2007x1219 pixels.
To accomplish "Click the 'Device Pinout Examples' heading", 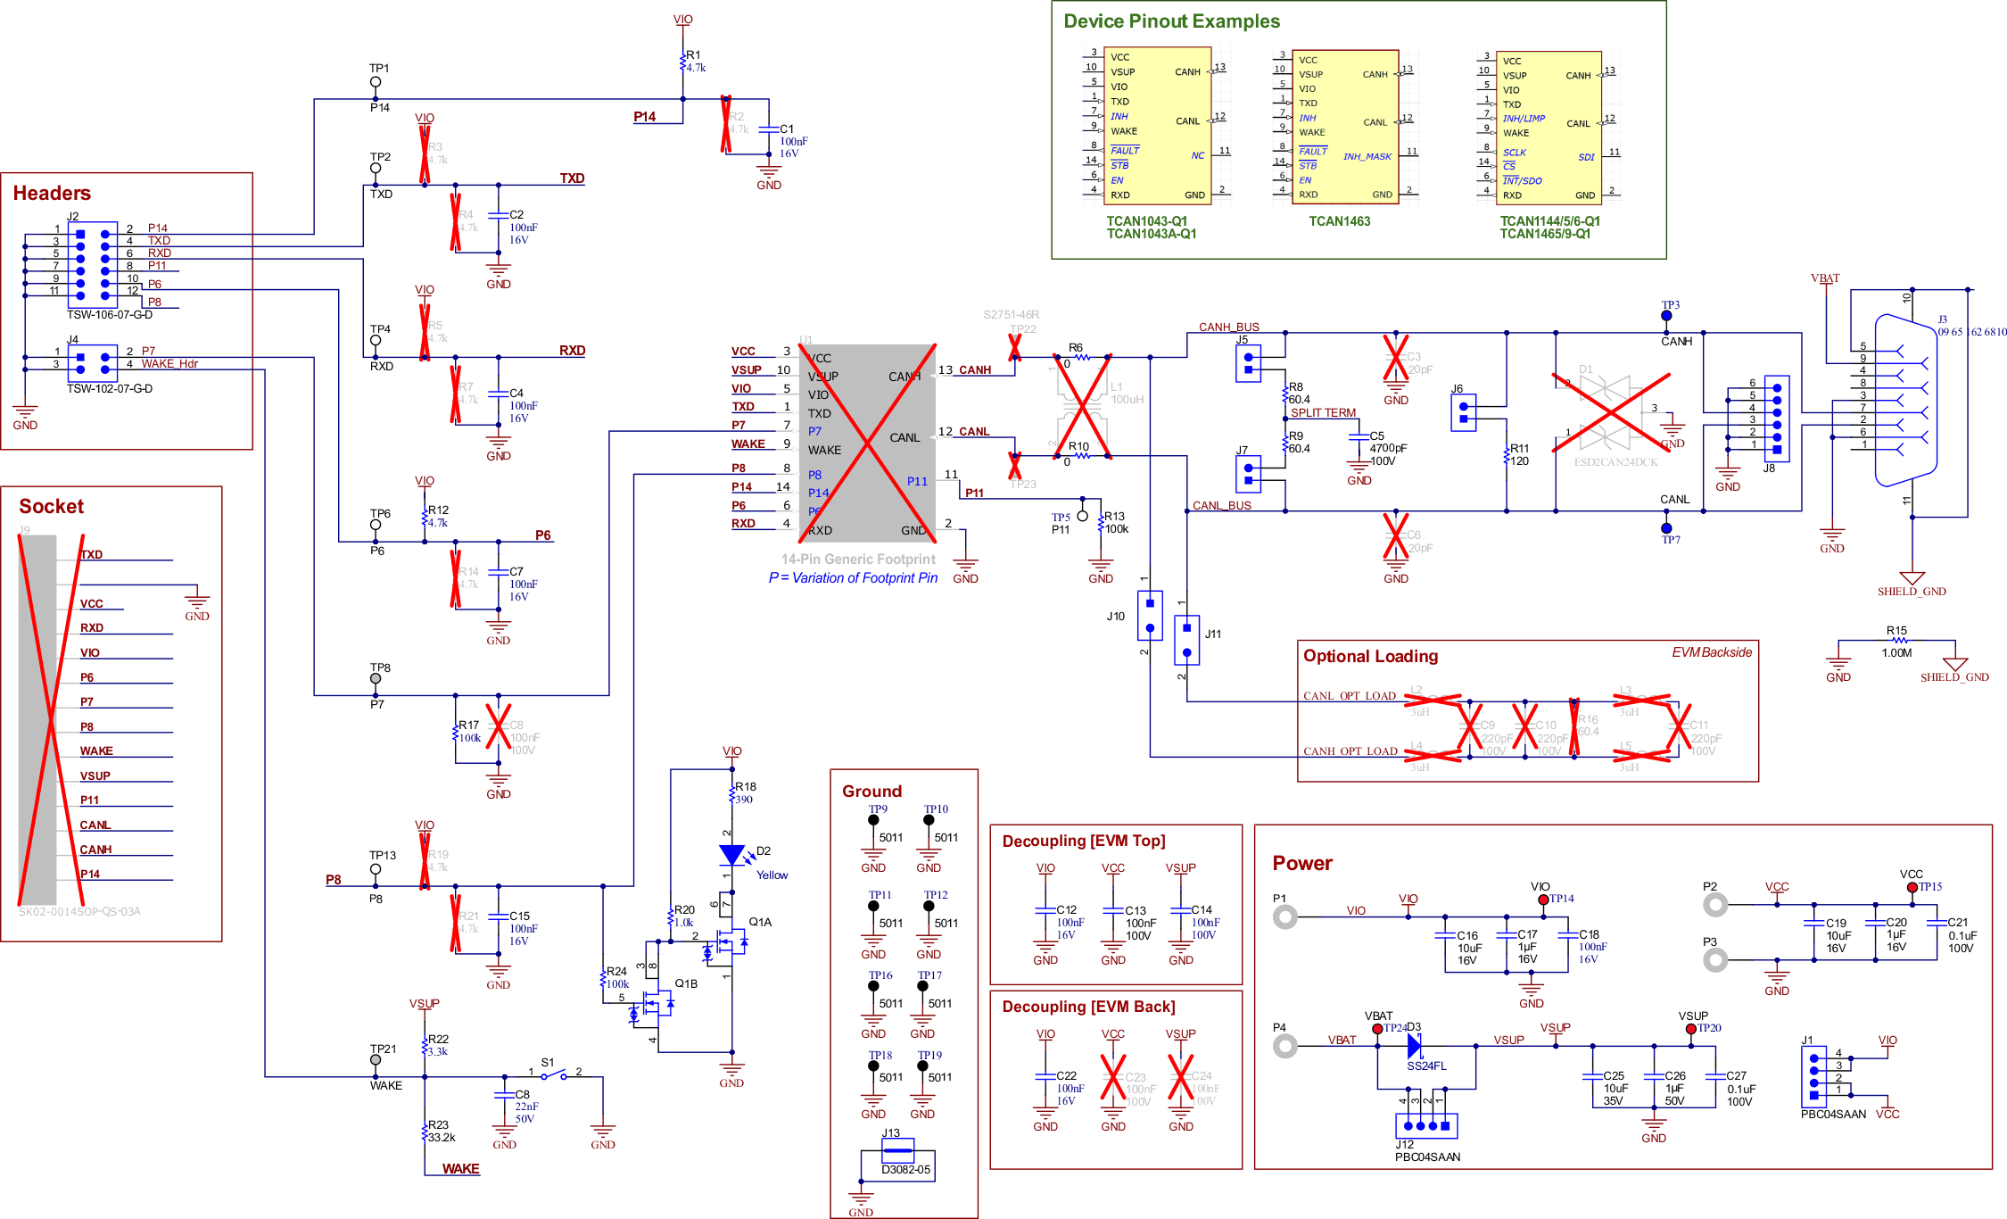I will tap(1170, 21).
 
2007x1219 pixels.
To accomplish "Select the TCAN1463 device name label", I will tap(1339, 221).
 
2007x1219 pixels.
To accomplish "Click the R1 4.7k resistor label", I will tap(694, 61).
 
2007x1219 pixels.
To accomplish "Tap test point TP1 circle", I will tap(376, 82).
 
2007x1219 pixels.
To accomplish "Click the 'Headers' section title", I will tap(52, 194).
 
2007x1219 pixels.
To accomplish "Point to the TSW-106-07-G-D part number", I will tap(109, 315).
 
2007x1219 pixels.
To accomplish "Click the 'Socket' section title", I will tap(52, 507).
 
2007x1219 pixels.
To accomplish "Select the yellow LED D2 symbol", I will tap(732, 855).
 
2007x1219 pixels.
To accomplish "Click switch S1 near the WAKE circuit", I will tap(553, 1074).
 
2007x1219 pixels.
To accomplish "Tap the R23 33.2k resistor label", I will tap(441, 1132).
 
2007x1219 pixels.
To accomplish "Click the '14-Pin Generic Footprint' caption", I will tap(858, 560).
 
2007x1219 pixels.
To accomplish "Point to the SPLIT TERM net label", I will tap(1323, 413).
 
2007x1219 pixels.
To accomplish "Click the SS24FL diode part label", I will tap(1426, 1066).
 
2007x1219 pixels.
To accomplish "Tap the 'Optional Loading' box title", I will tap(1370, 657).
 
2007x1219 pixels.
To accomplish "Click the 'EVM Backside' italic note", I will tap(1711, 652).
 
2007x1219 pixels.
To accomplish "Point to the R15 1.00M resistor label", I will tap(1896, 641).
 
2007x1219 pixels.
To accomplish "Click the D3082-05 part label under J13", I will tap(905, 1170).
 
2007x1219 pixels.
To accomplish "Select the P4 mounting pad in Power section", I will tap(1284, 1045).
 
